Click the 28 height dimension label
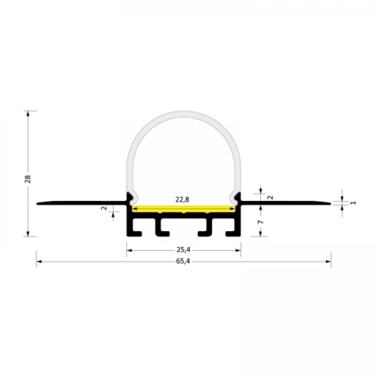[28, 179]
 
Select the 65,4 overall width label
[183, 262]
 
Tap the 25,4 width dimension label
[183, 250]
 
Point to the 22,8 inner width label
[183, 199]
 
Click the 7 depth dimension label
[261, 222]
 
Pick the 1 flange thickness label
[353, 202]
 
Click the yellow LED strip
[183, 209]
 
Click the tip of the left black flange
[37, 203]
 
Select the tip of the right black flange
[330, 203]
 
